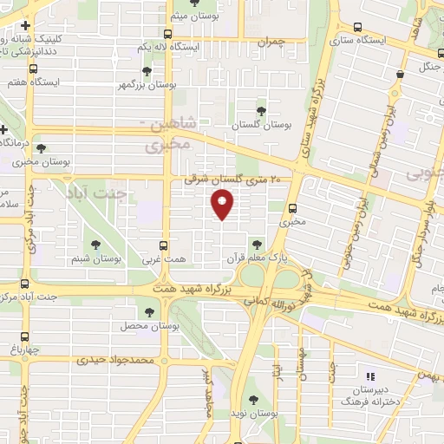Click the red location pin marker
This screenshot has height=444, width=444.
click(223, 205)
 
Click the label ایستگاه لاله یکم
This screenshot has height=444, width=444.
click(171, 45)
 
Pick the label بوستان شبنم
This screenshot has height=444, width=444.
click(95, 258)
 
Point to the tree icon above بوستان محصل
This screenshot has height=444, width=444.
click(149, 310)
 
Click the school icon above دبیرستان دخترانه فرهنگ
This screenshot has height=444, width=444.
click(371, 376)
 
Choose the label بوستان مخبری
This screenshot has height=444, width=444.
click(42, 162)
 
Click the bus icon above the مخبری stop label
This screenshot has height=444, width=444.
click(292, 208)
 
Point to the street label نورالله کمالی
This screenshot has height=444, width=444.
click(276, 305)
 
